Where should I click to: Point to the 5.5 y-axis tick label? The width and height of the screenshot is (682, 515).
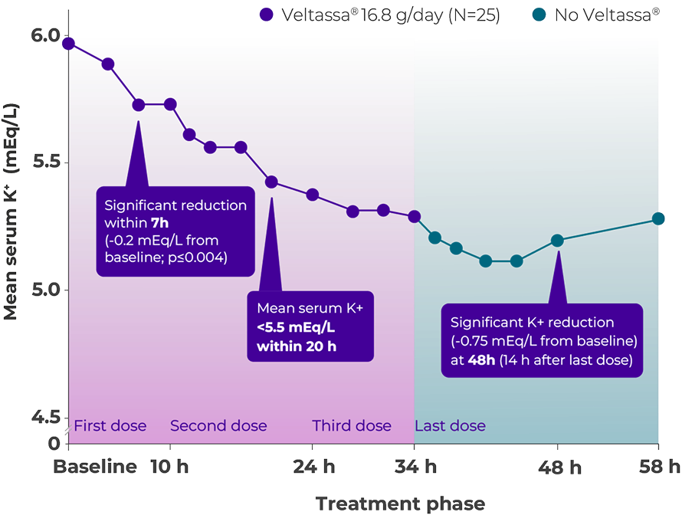click(x=48, y=163)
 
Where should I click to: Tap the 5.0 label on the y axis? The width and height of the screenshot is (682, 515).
click(x=48, y=290)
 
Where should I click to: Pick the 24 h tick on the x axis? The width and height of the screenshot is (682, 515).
click(x=313, y=467)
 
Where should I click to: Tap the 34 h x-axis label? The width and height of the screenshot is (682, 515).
click(x=415, y=467)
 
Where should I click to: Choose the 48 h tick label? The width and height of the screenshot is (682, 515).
click(x=558, y=467)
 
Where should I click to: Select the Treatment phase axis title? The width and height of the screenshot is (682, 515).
click(x=400, y=504)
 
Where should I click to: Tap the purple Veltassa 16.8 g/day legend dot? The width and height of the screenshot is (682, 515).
click(x=266, y=14)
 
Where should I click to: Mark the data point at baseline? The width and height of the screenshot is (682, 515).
click(x=69, y=44)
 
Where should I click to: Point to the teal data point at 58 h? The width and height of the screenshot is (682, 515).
click(x=658, y=219)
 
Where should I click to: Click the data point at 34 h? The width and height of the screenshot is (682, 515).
click(x=415, y=217)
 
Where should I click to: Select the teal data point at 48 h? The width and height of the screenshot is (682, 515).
click(x=557, y=241)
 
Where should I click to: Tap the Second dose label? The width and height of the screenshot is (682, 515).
click(x=218, y=426)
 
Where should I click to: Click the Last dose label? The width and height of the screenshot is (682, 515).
click(x=450, y=426)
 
